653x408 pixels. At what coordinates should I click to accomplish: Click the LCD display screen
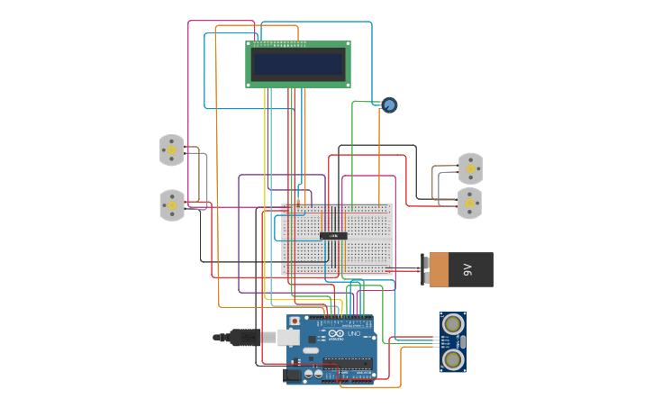tap(298, 64)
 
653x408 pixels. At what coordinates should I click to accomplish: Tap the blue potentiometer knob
tap(389, 105)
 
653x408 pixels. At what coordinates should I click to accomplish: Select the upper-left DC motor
tap(171, 150)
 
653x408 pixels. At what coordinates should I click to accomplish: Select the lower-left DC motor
tap(171, 205)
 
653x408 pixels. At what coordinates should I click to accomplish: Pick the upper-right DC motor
tap(470, 168)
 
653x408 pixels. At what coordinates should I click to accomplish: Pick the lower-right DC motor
tap(469, 204)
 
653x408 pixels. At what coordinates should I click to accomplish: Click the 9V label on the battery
tap(467, 269)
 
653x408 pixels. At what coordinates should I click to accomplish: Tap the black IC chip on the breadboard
tap(333, 236)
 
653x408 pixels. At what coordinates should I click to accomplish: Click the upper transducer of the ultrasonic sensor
tap(453, 323)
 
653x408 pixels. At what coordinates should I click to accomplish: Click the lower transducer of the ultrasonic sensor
tap(453, 359)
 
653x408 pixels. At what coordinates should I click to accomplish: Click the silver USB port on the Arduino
tap(288, 337)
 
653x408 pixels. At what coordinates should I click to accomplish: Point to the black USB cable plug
tap(243, 337)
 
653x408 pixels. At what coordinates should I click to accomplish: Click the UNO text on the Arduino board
tap(354, 334)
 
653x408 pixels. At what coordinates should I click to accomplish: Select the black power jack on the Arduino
tap(292, 375)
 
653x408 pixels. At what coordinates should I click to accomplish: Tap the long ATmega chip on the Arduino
tap(348, 366)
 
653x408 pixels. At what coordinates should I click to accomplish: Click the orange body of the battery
tap(439, 269)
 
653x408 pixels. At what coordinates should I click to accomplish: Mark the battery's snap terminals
tap(425, 269)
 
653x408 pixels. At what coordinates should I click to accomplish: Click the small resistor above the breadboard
tap(298, 204)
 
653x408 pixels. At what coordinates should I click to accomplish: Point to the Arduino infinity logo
tap(336, 334)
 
